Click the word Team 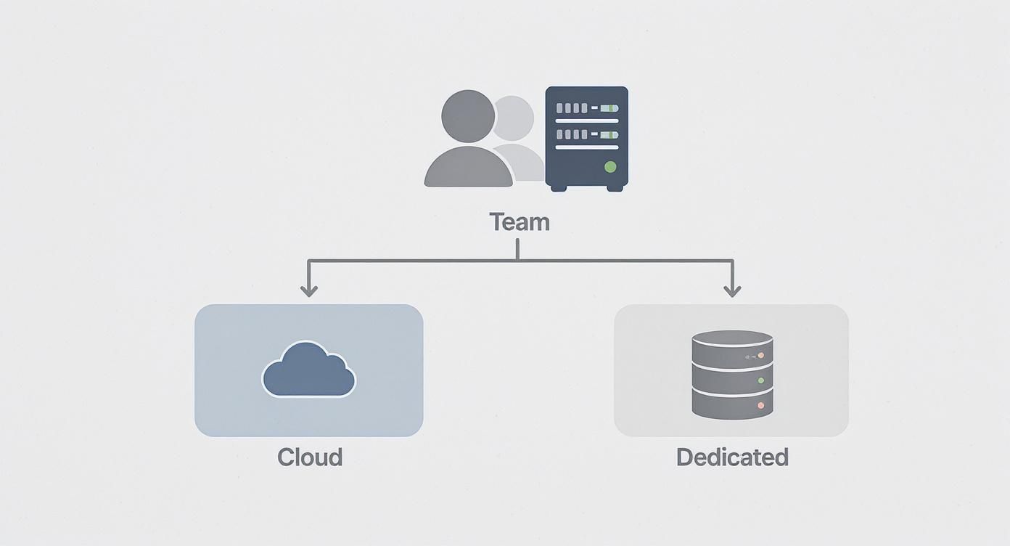coord(520,221)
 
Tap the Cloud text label coord(310,457)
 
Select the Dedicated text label coord(732,457)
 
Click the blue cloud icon coord(308,370)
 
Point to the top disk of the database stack coord(732,346)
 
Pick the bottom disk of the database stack coord(732,403)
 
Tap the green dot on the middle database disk coord(760,380)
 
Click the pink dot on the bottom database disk coord(760,405)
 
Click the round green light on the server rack coord(610,167)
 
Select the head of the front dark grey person coord(469,116)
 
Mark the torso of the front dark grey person coord(469,168)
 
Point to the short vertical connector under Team coord(517,248)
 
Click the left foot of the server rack coord(559,187)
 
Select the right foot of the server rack coord(615,187)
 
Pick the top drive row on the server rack coord(586,108)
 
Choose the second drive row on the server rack coord(586,135)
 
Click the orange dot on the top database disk coord(760,356)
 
